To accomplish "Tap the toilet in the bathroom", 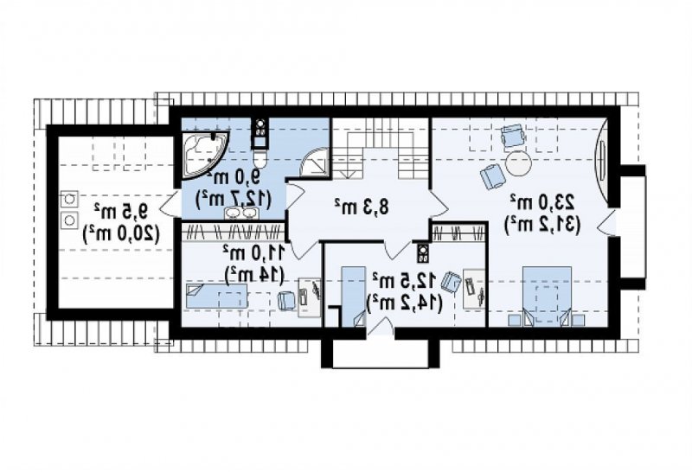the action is (260, 159).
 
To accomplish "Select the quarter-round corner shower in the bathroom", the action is (314, 162).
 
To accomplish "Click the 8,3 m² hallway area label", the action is (362, 207).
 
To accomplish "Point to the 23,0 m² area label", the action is (542, 201).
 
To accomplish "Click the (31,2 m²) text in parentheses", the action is (542, 224).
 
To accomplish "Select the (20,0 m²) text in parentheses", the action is (120, 233).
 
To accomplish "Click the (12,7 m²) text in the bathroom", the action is (234, 198).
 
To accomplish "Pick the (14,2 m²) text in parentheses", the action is (405, 303).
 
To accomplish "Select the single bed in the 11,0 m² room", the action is (217, 296).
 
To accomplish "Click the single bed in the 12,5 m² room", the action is (354, 296).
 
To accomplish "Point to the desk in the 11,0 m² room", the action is (310, 297).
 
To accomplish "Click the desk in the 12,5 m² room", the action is (474, 289).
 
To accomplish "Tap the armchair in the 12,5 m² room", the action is (451, 282).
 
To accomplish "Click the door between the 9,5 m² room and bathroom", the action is (169, 206).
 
